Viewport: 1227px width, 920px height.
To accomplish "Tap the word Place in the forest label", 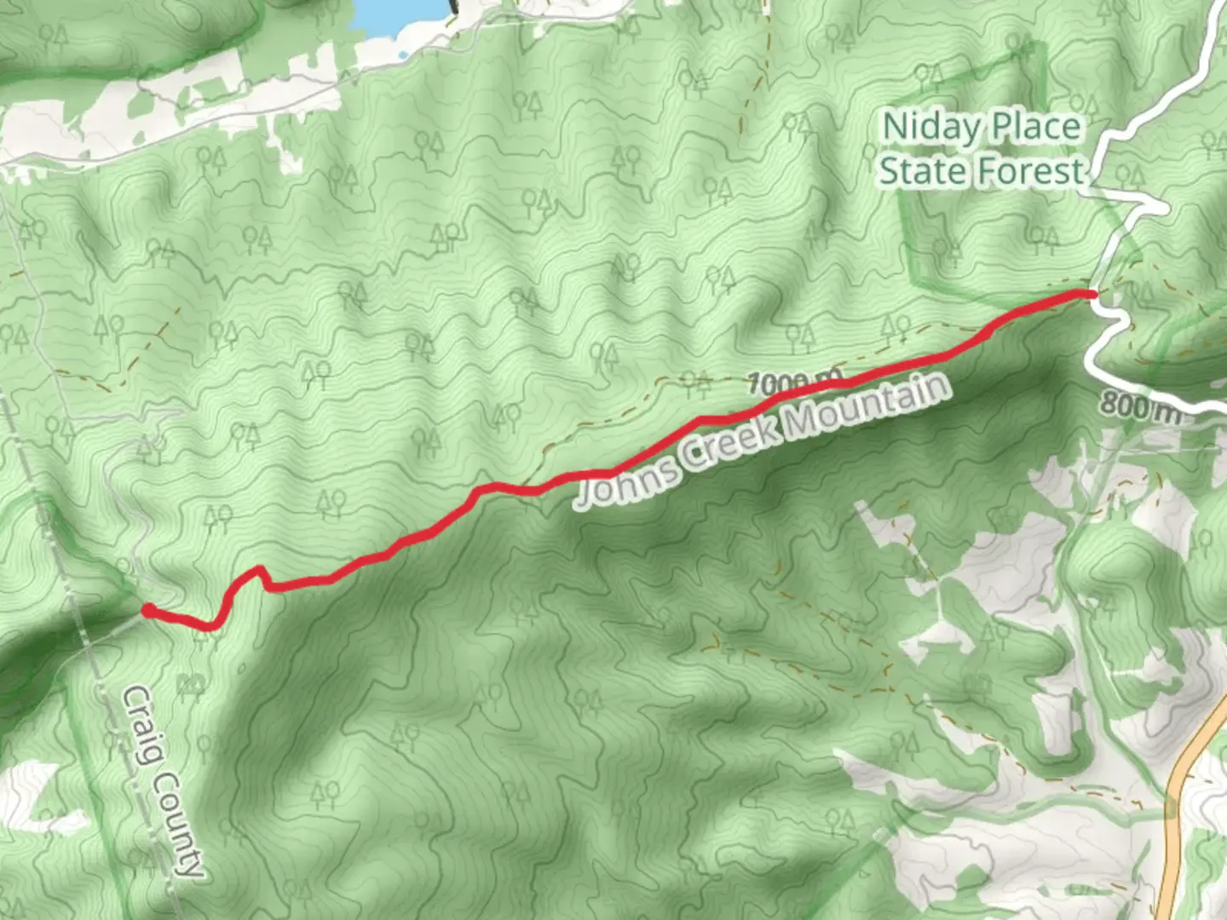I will pyautogui.click(x=1037, y=128).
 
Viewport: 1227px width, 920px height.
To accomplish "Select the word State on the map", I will pyautogui.click(x=925, y=171).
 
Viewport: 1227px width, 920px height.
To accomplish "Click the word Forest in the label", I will pyautogui.click(x=1033, y=171).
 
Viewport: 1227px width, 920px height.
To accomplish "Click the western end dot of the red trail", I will pyautogui.click(x=147, y=610).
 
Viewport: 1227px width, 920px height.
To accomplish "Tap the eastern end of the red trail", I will pyautogui.click(x=1091, y=294).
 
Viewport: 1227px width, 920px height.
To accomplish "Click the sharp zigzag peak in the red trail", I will pyautogui.click(x=259, y=570).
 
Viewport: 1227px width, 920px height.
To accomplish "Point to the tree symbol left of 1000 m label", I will pyautogui.click(x=697, y=384).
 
